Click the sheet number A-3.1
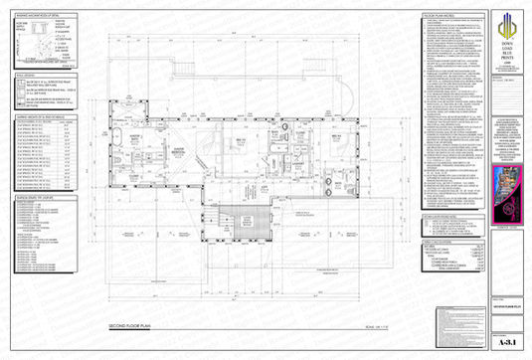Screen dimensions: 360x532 coord(507,337)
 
